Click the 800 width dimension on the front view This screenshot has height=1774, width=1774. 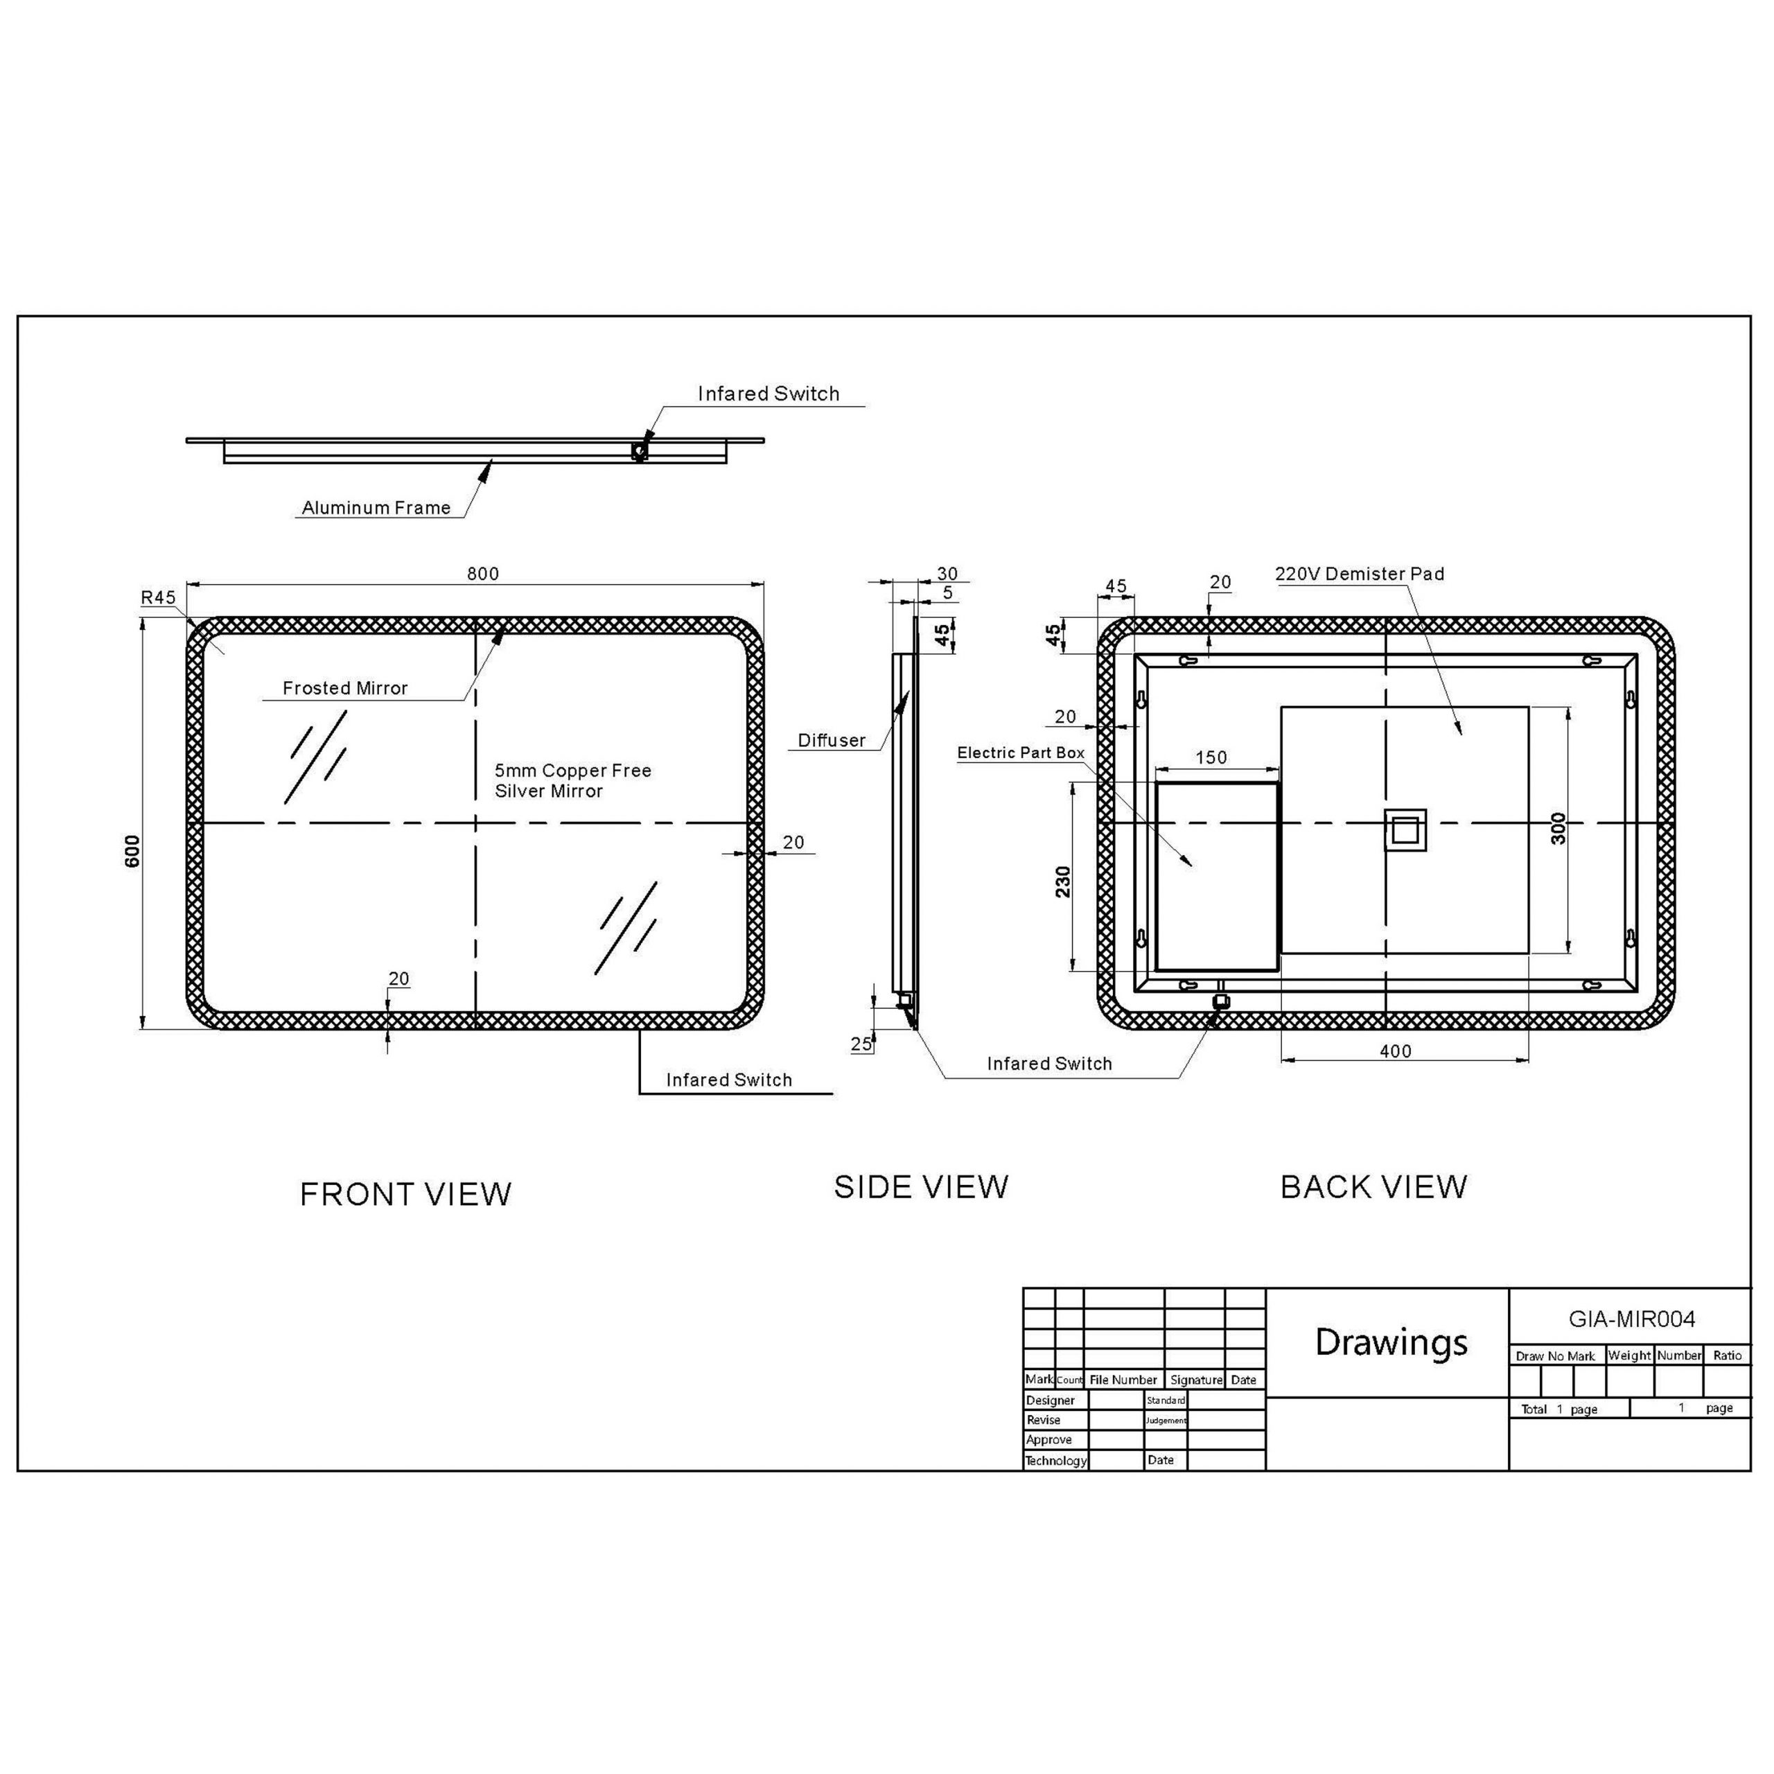(483, 574)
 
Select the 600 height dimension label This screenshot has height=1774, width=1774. (133, 851)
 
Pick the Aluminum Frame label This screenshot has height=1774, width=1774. (376, 508)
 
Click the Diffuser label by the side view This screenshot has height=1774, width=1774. (832, 741)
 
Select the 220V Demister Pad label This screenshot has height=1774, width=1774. (1360, 574)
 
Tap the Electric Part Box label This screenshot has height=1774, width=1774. (1021, 753)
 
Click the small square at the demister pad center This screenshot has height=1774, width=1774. (1405, 830)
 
